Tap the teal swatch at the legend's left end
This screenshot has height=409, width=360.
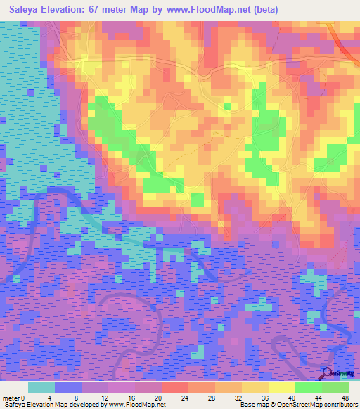coord(41,387)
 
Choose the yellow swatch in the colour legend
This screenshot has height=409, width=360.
coord(281,387)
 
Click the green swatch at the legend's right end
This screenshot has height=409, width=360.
coord(335,387)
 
